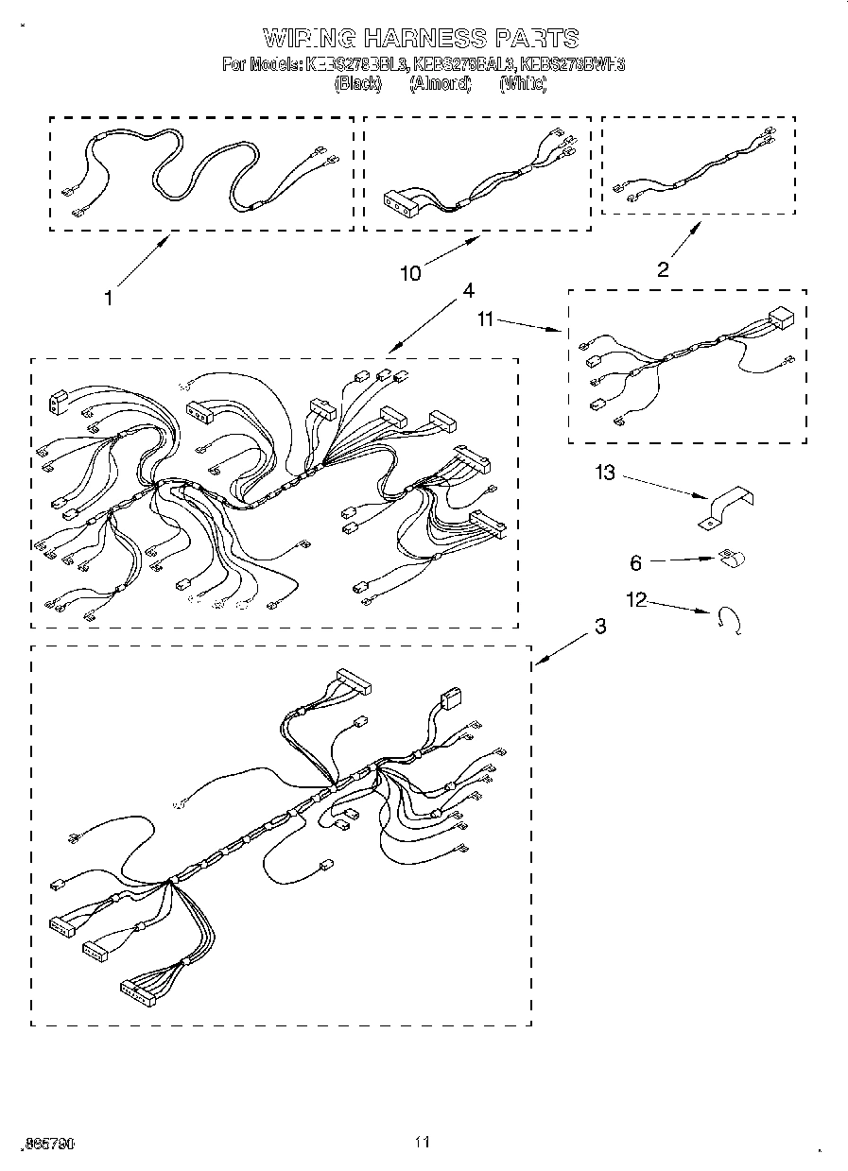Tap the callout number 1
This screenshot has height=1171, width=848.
tap(109, 298)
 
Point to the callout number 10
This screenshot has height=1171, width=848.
tap(410, 274)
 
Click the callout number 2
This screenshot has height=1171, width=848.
tap(663, 269)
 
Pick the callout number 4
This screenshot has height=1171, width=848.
tap(467, 290)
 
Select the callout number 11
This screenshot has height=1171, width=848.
tap(486, 320)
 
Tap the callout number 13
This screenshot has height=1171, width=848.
tap(604, 473)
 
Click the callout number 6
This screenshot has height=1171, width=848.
tap(636, 563)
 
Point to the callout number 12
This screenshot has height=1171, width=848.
tap(637, 599)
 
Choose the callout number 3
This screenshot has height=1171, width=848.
tap(600, 626)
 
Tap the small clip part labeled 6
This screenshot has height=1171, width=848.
tap(730, 560)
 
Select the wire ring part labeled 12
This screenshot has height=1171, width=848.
tap(731, 619)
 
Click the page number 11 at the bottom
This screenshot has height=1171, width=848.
tap(423, 1143)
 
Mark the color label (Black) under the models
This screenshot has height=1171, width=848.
tap(357, 84)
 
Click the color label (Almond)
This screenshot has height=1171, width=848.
tap(440, 84)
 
